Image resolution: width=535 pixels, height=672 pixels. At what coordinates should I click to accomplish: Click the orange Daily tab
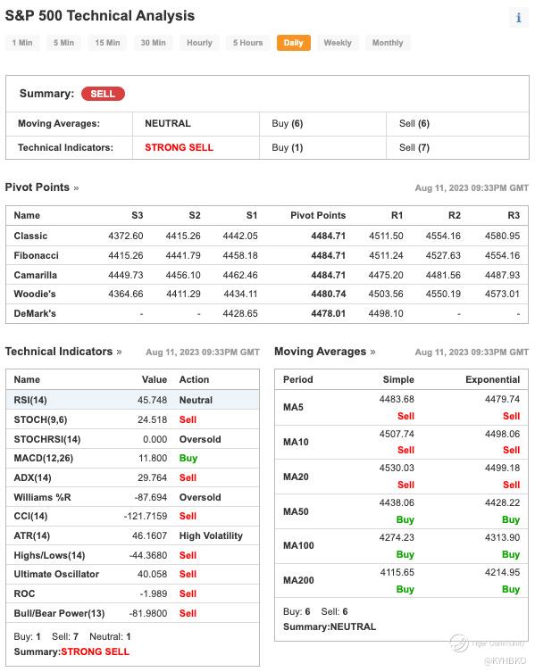(294, 43)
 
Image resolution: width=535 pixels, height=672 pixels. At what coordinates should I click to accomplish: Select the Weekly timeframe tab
(338, 43)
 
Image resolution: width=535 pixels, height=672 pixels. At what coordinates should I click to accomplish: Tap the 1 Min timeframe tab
(22, 43)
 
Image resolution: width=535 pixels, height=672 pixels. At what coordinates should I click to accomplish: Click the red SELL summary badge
(103, 94)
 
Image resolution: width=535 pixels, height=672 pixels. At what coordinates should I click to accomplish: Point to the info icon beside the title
(519, 18)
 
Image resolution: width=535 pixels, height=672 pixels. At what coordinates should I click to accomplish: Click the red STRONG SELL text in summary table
(179, 147)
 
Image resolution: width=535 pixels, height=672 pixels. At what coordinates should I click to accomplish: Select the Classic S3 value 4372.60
(126, 236)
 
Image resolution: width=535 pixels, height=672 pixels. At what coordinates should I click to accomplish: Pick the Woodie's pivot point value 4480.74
(328, 294)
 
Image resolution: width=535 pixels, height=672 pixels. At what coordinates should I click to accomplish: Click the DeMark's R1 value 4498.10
(386, 314)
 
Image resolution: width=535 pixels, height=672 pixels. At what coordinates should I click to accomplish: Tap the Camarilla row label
(35, 275)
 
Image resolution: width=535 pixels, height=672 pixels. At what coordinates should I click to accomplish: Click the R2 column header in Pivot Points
(455, 215)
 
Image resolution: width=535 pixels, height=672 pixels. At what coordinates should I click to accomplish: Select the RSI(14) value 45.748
(153, 400)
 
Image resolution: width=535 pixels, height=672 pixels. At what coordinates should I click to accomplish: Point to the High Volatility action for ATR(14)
(211, 535)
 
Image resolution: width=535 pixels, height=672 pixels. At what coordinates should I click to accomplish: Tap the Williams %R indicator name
(43, 497)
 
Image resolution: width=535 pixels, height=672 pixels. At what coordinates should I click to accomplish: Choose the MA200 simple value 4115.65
(397, 572)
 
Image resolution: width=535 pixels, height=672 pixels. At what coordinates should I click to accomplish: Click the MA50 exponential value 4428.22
(502, 502)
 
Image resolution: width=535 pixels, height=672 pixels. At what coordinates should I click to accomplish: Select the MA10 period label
(296, 442)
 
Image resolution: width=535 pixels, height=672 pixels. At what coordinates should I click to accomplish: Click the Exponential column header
(492, 379)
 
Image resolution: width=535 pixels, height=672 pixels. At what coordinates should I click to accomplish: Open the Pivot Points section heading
(38, 187)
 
